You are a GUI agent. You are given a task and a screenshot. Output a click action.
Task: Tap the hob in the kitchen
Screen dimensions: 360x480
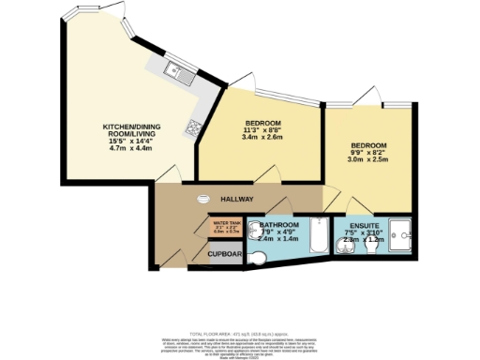(x=194, y=126)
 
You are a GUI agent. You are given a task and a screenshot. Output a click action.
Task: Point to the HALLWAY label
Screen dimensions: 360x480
(x=238, y=200)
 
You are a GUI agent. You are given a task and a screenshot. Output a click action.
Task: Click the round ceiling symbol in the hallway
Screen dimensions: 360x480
(x=205, y=198)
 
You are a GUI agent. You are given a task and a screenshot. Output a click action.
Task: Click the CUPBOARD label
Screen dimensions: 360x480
(x=226, y=253)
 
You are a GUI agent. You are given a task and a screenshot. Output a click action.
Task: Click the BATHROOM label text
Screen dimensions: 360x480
(x=280, y=227)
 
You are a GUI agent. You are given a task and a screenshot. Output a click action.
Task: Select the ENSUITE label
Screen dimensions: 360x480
(x=364, y=227)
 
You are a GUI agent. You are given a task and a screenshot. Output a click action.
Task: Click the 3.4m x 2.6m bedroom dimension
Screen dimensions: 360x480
(x=263, y=138)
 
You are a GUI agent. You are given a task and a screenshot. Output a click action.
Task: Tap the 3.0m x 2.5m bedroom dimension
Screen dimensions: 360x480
(x=368, y=159)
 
